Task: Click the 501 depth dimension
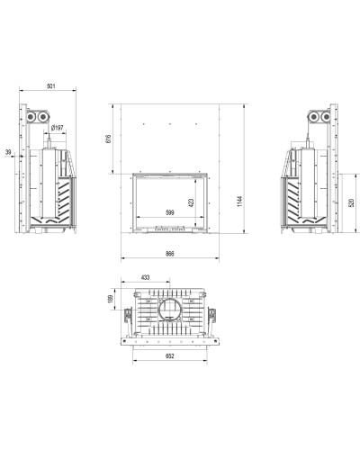(x=51, y=86)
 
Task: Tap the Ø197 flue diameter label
(x=57, y=128)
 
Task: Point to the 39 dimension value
(x=8, y=152)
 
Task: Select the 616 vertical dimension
(x=108, y=139)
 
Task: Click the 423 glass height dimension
(x=192, y=202)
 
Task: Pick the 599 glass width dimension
(x=170, y=212)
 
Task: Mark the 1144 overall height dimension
(x=239, y=202)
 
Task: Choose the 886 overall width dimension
(x=170, y=254)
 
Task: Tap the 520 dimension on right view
(x=352, y=202)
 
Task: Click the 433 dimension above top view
(x=145, y=277)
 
